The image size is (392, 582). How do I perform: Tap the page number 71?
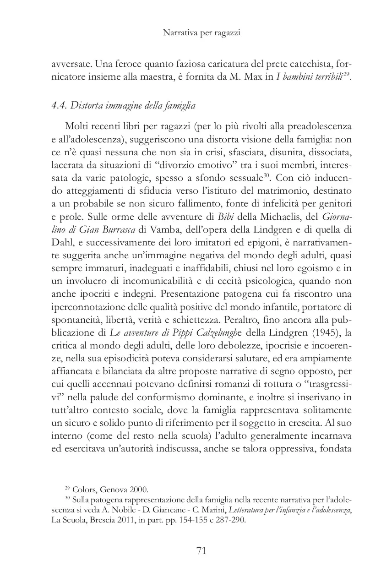[201, 551]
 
